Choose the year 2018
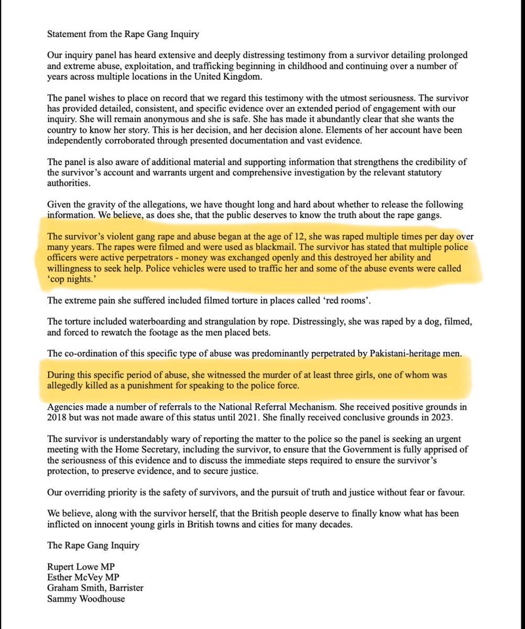pyautogui.click(x=57, y=419)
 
